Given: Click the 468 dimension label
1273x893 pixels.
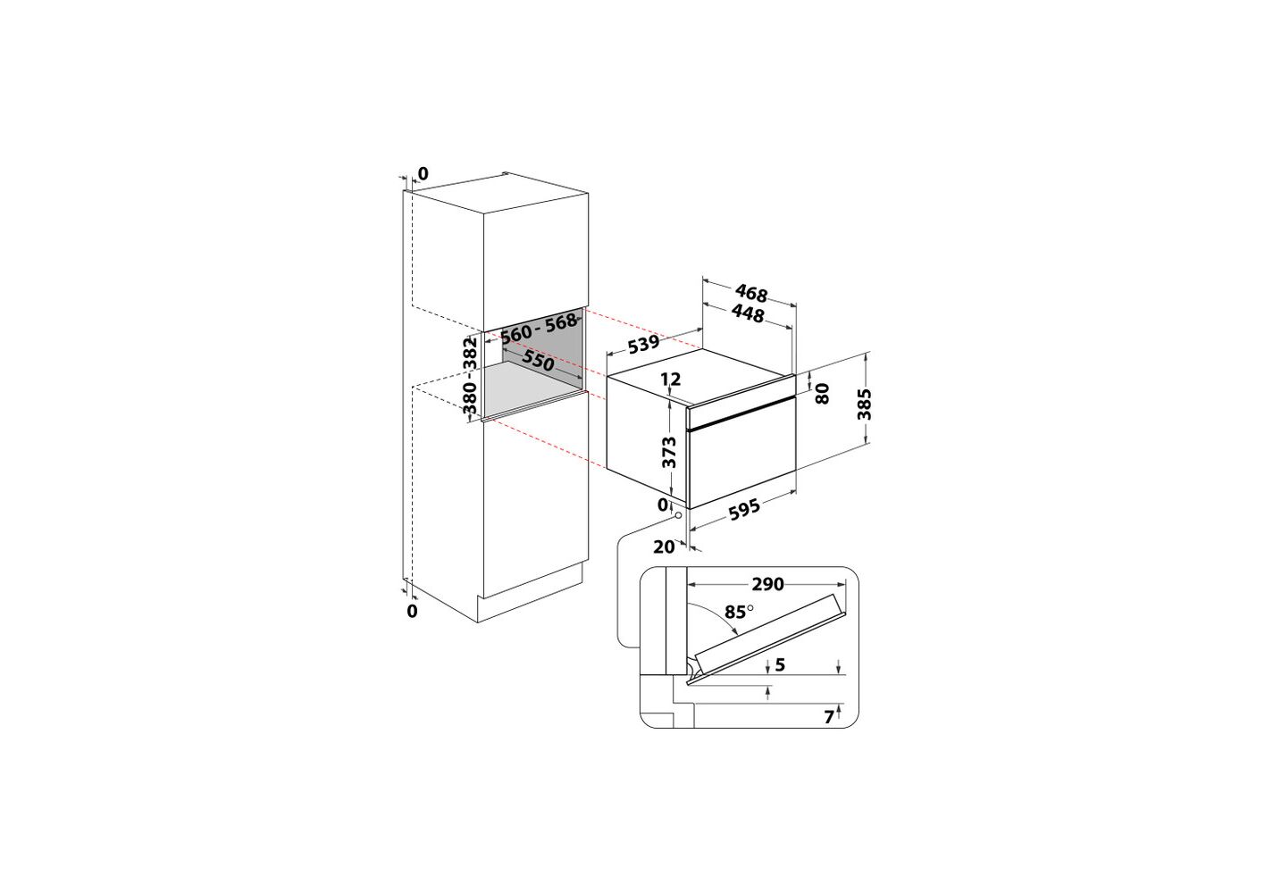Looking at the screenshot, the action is click(751, 293).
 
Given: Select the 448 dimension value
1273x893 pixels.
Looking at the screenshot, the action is click(748, 313).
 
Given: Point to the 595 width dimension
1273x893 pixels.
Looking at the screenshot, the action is click(744, 506).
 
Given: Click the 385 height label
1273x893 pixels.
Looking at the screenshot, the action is click(864, 404).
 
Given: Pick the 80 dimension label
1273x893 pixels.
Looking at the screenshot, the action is click(823, 393).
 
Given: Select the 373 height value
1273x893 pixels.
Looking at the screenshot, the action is click(671, 452).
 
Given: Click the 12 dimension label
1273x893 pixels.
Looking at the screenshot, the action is click(671, 379).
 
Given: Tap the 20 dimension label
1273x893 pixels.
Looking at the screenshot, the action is click(664, 547).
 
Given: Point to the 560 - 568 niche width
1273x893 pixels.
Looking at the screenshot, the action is click(538, 329).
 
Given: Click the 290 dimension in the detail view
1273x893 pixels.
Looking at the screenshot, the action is click(767, 584).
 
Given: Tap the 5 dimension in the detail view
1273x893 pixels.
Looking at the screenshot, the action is click(780, 664).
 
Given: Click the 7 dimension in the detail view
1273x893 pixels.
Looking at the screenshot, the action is click(829, 717).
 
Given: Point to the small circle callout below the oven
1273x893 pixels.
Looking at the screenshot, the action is click(678, 516).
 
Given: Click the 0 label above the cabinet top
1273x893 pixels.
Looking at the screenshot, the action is click(423, 173).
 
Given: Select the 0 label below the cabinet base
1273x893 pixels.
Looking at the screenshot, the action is click(413, 611).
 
